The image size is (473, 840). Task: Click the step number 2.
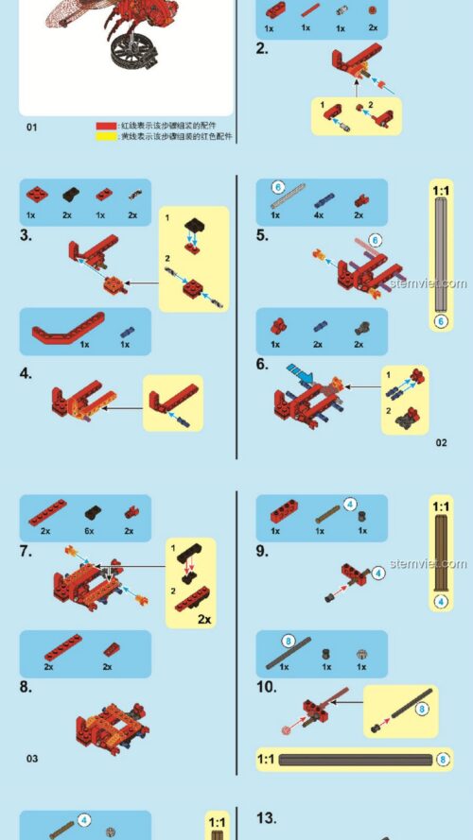tap(262, 47)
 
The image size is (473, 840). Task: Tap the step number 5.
tap(262, 235)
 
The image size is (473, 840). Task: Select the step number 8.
tap(26, 688)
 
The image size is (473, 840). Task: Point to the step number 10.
tap(266, 687)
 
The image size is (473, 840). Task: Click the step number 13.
tap(266, 818)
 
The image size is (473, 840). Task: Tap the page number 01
tap(32, 128)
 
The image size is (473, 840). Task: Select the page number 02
tap(441, 442)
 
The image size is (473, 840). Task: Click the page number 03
tap(32, 758)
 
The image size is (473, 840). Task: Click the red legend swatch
tap(105, 125)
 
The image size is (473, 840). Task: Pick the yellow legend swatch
tap(105, 136)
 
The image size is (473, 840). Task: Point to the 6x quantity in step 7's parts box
tap(92, 531)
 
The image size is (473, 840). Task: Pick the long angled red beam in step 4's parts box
tap(66, 333)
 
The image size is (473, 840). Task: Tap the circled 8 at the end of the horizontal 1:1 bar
tap(445, 759)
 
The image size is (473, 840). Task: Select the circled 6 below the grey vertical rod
tap(440, 321)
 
